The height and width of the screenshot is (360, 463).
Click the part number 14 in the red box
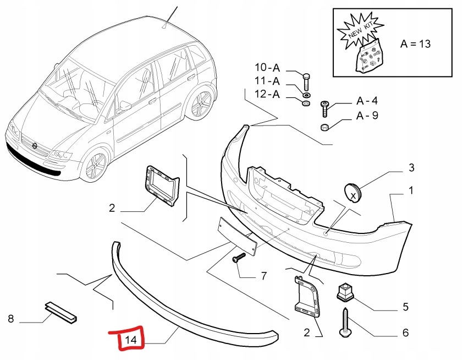point(130,340)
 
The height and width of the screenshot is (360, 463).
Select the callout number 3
point(411,167)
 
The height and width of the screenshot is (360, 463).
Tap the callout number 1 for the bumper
point(411,191)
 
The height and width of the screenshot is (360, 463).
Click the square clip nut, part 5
point(345,292)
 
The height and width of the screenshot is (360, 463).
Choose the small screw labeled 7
point(239,258)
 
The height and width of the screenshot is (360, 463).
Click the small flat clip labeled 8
point(60,311)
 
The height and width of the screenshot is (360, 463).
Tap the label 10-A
point(267,68)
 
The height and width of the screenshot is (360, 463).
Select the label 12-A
point(267,94)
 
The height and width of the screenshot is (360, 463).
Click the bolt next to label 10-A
point(306,80)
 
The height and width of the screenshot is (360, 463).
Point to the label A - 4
point(367,101)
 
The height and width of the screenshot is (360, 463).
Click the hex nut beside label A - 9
point(325,128)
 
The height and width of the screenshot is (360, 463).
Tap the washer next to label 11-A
point(306,90)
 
